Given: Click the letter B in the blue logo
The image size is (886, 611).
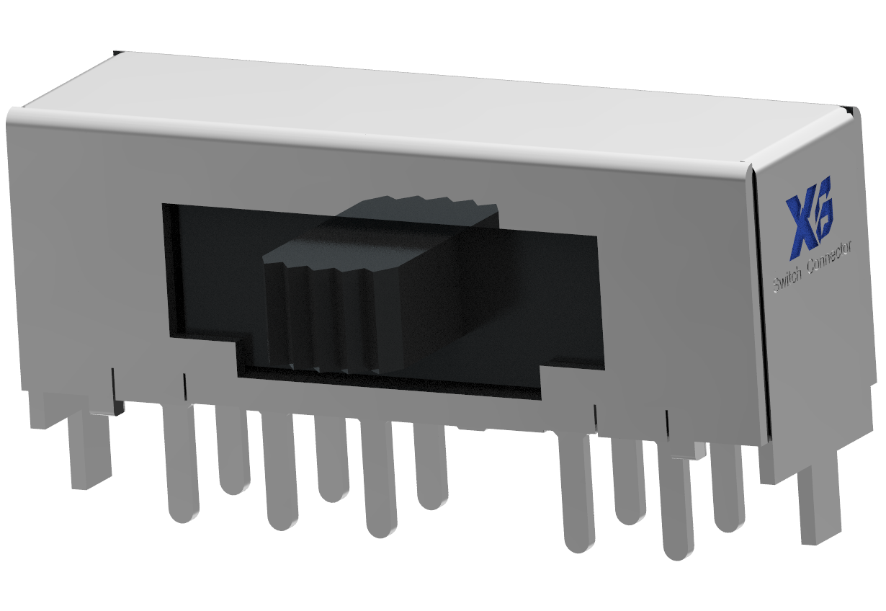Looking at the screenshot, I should pos(822,208).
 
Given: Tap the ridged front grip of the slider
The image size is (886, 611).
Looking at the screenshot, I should pos(317,317).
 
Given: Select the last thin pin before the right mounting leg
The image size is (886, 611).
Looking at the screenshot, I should pos(728,490).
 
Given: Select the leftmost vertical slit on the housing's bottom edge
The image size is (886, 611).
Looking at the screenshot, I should pos(113,382).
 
